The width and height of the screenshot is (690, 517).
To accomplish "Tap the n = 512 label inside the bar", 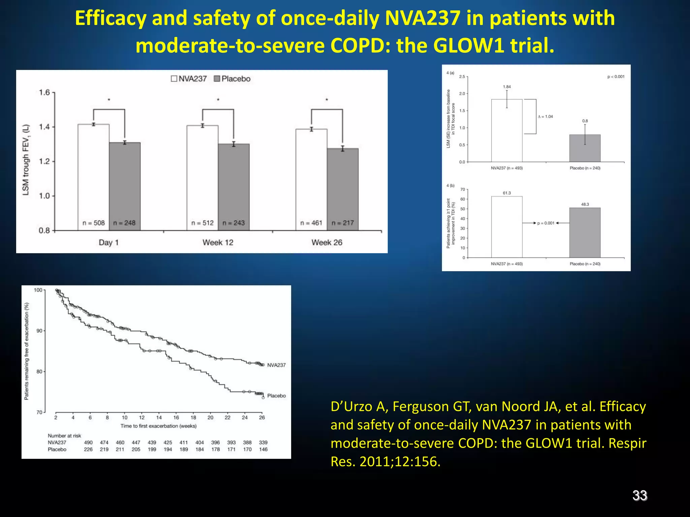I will point(202,223).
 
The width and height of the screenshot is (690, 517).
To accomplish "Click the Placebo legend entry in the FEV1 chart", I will point(232,79).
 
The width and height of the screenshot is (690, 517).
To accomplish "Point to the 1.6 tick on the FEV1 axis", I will point(44,93).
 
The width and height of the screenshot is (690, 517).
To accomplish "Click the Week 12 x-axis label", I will point(218,242).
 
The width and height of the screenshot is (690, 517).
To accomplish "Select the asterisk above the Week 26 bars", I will point(327,100).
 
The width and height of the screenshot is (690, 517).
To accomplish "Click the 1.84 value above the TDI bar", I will point(507,87).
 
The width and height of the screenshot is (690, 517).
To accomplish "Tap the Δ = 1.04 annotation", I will point(545,116).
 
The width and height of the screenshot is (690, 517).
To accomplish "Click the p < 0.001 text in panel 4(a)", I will point(616,77).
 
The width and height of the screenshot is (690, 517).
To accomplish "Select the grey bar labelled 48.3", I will point(585,232).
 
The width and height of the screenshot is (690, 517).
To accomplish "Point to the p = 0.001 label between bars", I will point(546,223).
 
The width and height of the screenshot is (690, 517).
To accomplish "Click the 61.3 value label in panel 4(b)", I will point(507,193).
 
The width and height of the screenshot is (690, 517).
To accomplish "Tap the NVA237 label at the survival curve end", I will point(276,365).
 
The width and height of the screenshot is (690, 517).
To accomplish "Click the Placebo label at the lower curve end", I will point(276,396).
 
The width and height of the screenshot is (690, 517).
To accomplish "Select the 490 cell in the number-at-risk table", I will point(88,443).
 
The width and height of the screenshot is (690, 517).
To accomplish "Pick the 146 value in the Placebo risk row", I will point(263,449).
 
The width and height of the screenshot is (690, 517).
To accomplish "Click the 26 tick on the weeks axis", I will point(262,418).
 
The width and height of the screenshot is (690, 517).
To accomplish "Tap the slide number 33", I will point(639,495).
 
